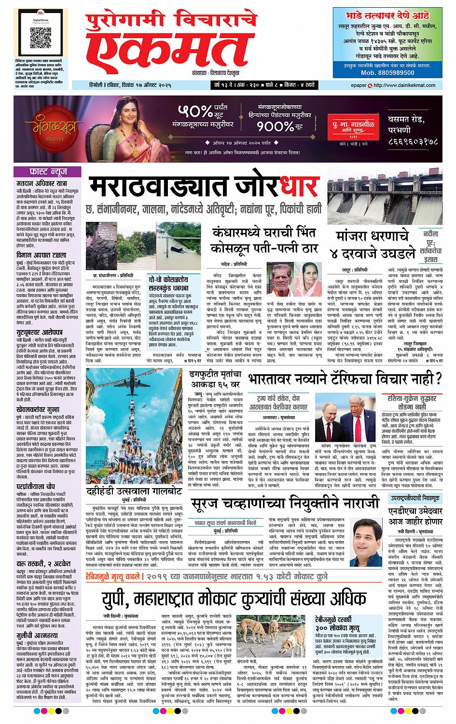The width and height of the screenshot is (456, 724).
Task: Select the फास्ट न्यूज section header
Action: (47, 172)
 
